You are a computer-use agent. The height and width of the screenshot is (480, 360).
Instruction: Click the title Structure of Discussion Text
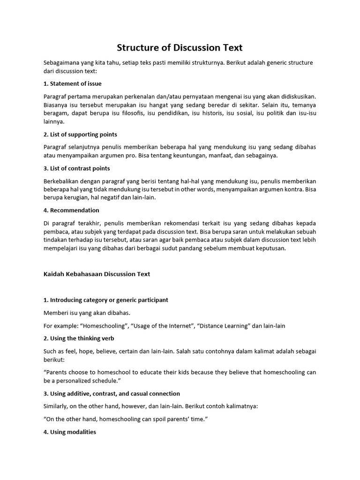180,47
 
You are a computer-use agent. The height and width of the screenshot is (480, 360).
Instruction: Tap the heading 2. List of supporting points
80,135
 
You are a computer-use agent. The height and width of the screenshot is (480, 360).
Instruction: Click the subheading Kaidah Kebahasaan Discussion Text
97,274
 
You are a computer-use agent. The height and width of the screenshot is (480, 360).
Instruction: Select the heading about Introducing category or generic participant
105,300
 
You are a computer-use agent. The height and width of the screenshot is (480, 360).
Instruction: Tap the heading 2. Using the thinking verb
79,338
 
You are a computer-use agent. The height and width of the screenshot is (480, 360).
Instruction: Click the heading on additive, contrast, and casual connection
112,393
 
